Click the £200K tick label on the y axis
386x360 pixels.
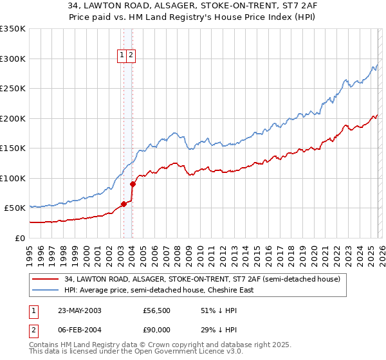click(13, 118)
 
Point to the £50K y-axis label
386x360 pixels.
click(15, 208)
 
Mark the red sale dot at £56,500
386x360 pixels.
click(124, 204)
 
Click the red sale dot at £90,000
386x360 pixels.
click(132, 184)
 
